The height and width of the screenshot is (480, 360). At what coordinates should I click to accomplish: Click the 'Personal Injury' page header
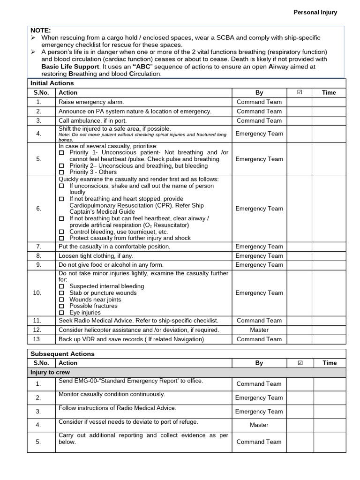pyautogui.click(x=315, y=13)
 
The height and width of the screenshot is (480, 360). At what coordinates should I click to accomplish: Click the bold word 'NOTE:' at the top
pyautogui.click(x=40, y=30)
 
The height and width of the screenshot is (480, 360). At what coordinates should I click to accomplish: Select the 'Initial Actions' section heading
pyautogui.click(x=52, y=83)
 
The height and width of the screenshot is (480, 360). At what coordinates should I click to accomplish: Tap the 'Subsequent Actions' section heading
pyautogui.click(x=62, y=354)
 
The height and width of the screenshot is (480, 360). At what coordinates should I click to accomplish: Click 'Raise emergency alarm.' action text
pyautogui.click(x=91, y=102)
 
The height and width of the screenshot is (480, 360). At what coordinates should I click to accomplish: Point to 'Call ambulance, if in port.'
pyautogui.click(x=92, y=120)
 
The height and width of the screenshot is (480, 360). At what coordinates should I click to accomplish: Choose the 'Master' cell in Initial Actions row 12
pyautogui.click(x=259, y=330)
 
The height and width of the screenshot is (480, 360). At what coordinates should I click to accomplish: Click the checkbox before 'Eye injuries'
pyautogui.click(x=61, y=313)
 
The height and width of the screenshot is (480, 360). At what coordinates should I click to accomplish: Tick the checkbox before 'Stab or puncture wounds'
pyautogui.click(x=61, y=293)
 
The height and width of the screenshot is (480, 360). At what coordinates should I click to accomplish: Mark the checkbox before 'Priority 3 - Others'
pyautogui.click(x=61, y=172)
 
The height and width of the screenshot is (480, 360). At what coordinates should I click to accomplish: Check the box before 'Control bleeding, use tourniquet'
pyautogui.click(x=61, y=232)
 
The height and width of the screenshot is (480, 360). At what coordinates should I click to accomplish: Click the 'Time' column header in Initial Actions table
pyautogui.click(x=329, y=92)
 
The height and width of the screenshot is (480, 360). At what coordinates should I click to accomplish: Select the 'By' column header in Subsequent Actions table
pyautogui.click(x=259, y=363)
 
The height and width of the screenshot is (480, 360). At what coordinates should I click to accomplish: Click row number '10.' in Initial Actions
pyautogui.click(x=38, y=293)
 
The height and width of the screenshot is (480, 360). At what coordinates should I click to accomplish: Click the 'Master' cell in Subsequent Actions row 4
pyautogui.click(x=259, y=425)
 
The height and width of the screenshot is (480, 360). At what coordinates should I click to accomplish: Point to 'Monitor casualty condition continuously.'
pyautogui.click(x=112, y=394)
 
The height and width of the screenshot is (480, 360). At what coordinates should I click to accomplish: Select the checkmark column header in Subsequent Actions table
pyautogui.click(x=300, y=363)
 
